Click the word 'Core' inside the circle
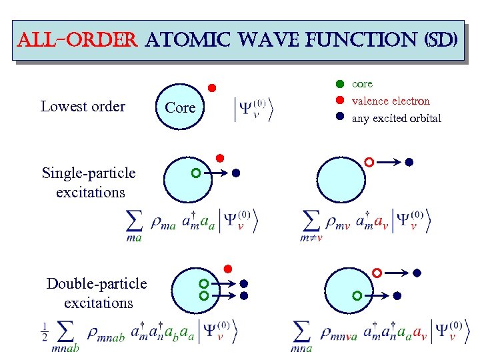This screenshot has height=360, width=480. tap(180, 107)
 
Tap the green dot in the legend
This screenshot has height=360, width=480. tap(339, 85)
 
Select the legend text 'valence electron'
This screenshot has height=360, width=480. tap(391, 101)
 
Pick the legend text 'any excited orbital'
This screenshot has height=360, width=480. tap(397, 119)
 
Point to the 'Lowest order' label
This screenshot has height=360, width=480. tap(83, 107)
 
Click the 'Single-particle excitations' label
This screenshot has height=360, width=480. tap(88, 183)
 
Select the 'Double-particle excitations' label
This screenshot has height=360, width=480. tap(97, 293)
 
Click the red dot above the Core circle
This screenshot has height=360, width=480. tap(211, 88)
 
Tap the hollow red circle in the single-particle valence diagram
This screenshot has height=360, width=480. tap(369, 162)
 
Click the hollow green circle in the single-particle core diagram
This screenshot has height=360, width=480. tap(195, 173)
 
